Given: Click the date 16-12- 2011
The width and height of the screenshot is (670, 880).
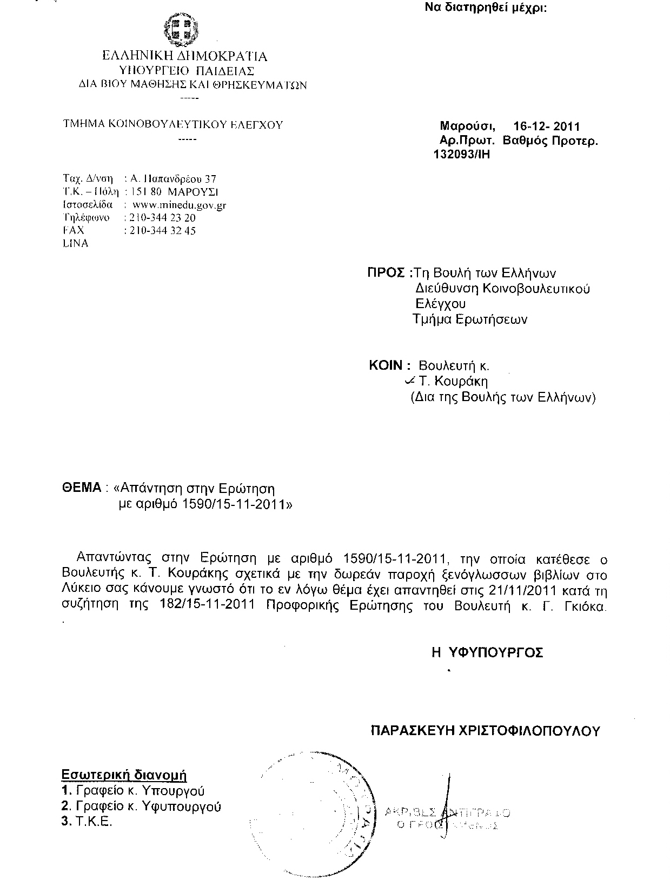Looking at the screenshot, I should click(546, 126).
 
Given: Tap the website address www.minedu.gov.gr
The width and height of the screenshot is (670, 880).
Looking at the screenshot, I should click(179, 205).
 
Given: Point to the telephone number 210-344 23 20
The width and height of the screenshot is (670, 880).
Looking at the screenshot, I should click(160, 218).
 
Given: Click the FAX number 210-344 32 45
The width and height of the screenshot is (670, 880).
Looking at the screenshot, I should click(160, 231).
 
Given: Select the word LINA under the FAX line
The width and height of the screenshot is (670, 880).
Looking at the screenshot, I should click(76, 244).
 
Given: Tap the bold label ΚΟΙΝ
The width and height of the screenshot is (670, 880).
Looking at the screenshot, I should click(386, 365).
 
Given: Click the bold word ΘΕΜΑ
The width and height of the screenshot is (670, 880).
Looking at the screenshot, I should click(82, 488).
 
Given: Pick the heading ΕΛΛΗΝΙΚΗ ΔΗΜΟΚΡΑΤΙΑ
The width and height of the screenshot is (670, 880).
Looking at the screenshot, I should click(184, 56).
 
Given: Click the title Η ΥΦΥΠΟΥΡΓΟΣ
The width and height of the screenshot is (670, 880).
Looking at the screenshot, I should click(487, 652).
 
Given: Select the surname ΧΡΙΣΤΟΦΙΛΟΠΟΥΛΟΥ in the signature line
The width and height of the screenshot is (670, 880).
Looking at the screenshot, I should click(529, 731).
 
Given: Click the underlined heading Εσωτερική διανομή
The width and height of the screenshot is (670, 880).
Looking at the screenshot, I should click(124, 775).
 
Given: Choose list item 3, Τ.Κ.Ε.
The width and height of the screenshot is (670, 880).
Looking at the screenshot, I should click(88, 822).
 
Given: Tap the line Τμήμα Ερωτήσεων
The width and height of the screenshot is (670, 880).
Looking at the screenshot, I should click(469, 319).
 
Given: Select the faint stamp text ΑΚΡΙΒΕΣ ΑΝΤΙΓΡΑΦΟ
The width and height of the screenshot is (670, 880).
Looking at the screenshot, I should click(447, 812).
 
